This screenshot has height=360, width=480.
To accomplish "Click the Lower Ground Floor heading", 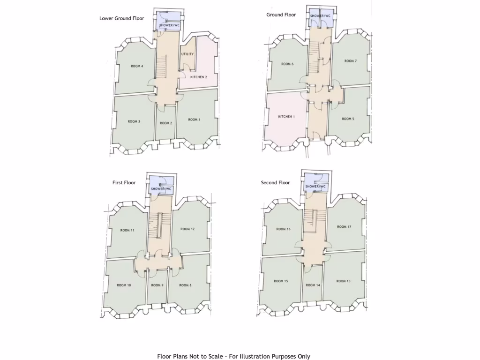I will tap(122, 18).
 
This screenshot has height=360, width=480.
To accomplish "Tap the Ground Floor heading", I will tap(281, 15).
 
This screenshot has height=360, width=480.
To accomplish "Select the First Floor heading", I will tap(124, 182).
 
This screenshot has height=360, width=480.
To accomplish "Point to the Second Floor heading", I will tap(276, 182).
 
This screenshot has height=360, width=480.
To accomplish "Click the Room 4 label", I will tap(137, 66).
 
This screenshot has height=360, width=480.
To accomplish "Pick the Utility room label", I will tap(187, 54).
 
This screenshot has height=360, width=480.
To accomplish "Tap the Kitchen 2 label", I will tap(198, 76).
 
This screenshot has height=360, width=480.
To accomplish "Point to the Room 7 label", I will tap(350, 61).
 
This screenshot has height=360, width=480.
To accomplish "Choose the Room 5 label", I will tap(348, 119).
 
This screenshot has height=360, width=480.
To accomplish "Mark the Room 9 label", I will tap(157, 285).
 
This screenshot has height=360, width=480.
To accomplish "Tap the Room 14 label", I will tap(313, 285).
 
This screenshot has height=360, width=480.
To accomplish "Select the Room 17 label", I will tap(344, 226).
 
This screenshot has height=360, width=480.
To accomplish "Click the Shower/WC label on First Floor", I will tap(161, 189).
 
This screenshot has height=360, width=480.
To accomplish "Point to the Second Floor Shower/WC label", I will tap(315, 187).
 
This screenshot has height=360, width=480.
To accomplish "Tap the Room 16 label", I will tap(283, 229).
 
